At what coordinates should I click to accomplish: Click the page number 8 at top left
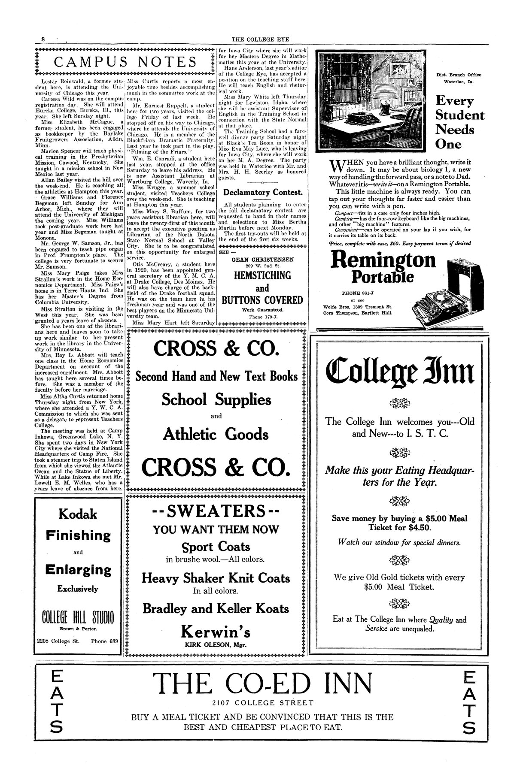[x=43, y=39]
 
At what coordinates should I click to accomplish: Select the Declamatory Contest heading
[x=262, y=192]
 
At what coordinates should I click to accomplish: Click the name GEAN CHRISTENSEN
[x=262, y=260]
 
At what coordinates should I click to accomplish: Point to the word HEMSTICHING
[x=262, y=275]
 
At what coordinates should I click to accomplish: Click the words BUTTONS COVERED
[x=262, y=300]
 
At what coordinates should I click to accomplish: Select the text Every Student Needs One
[x=459, y=122]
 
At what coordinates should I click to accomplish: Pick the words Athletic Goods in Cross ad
[x=216, y=435]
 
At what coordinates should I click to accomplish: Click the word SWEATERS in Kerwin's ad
[x=216, y=511]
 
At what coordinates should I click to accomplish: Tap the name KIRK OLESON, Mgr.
[x=216, y=644]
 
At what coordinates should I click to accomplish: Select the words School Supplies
[x=216, y=399]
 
